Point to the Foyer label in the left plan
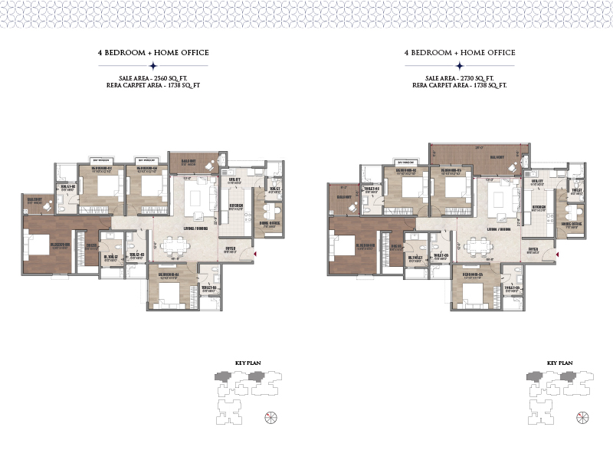[x=230, y=248]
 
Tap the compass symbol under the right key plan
[x=583, y=418]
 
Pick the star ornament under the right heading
[x=460, y=67]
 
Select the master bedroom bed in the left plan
[x=40, y=248]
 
